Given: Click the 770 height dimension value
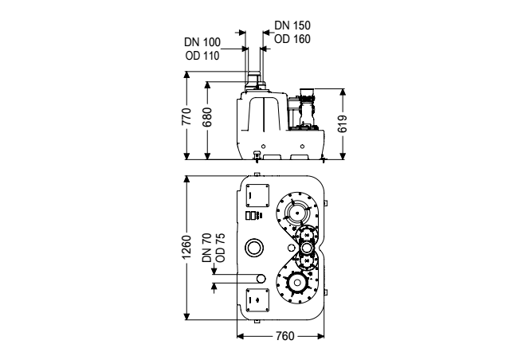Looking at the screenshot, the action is click(x=186, y=116).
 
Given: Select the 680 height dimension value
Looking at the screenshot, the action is click(x=207, y=117).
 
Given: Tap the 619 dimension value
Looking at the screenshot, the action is click(x=342, y=123).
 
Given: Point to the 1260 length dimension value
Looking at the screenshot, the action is click(x=186, y=247).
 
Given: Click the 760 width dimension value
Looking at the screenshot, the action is click(x=285, y=336).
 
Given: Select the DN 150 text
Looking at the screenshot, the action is click(x=292, y=25).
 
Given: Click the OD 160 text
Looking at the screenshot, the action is click(x=292, y=39).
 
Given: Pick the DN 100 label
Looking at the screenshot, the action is click(x=202, y=42).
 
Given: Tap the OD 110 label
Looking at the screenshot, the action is click(x=202, y=56).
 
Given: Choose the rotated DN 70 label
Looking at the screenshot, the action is click(x=207, y=248).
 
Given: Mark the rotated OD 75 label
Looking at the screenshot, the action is click(x=220, y=248).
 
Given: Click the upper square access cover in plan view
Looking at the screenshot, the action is click(x=257, y=195).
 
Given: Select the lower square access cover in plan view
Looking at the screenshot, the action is click(x=257, y=300).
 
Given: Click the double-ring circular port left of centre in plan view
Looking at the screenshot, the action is click(x=254, y=247).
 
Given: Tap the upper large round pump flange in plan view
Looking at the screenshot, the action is click(x=297, y=213).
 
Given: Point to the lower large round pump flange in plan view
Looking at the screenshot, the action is click(x=297, y=283).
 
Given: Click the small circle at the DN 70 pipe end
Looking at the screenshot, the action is click(x=261, y=279).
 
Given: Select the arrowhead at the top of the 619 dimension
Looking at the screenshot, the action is click(x=343, y=92).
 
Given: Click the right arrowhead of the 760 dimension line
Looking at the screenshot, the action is click(x=320, y=336).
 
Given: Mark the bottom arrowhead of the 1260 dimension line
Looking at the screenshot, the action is click(x=186, y=316).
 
